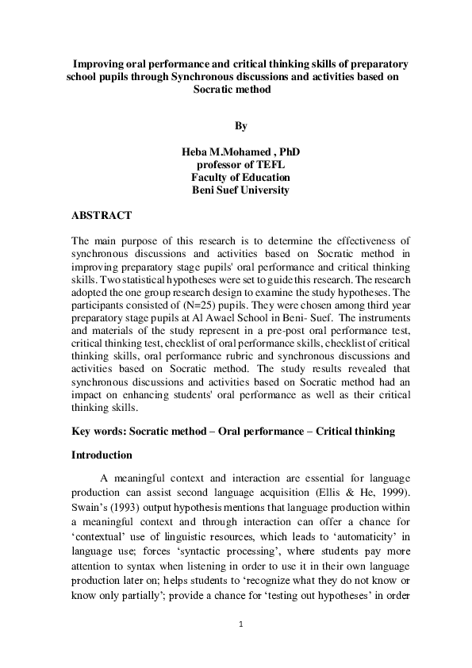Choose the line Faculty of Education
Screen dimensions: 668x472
click(241, 178)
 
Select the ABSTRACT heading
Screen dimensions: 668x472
click(102, 215)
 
